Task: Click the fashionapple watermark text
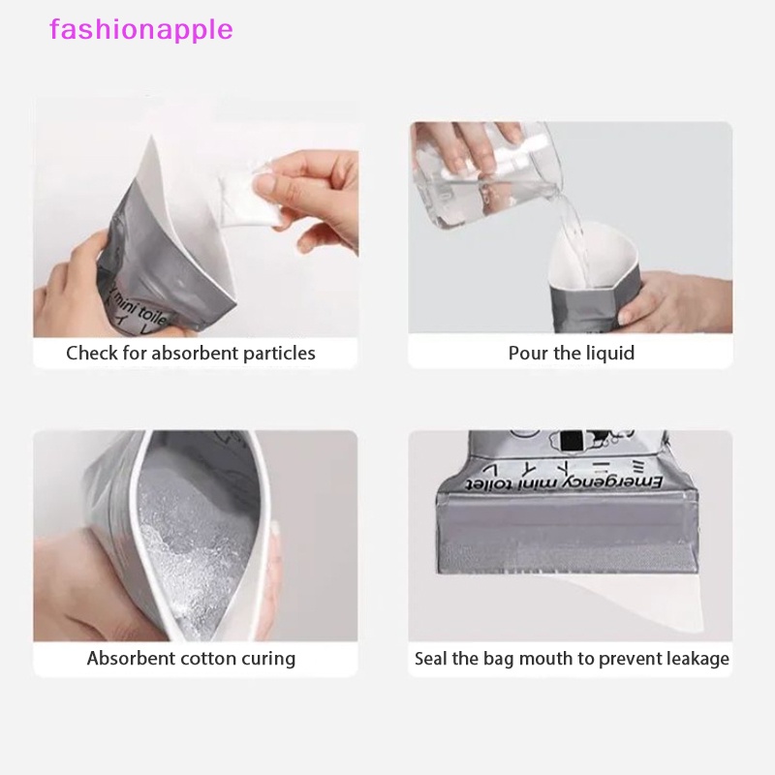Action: [141, 29]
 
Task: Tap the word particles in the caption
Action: [277, 353]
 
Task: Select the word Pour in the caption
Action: [528, 353]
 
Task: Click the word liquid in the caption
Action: [608, 353]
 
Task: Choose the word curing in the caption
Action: [268, 659]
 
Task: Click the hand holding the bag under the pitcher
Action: [678, 300]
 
